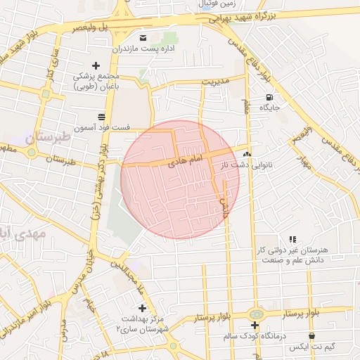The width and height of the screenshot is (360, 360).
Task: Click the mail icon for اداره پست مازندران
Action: click(x=143, y=37)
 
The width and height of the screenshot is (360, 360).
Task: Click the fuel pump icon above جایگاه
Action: click(x=269, y=97)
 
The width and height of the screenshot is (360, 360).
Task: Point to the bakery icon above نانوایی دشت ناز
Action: click(x=247, y=153)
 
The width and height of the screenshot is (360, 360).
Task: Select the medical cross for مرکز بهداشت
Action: click(x=143, y=308)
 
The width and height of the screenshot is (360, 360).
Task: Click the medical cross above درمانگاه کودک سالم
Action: click(x=255, y=325)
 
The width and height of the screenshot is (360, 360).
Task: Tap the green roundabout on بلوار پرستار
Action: click(x=255, y=313)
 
